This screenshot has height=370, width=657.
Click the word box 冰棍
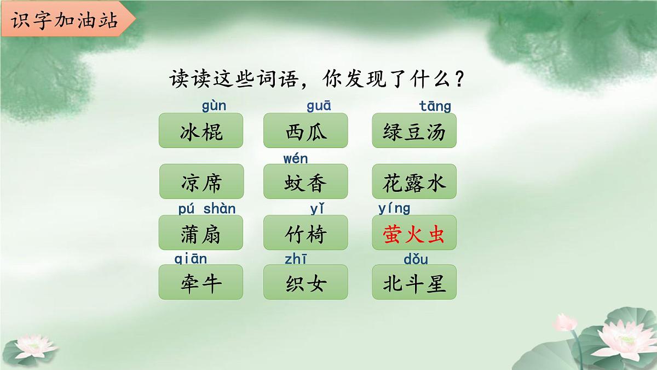[201, 130]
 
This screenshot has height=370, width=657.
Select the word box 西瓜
[306, 130]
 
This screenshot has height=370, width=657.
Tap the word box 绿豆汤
[414, 130]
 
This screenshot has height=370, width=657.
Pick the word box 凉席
[201, 181]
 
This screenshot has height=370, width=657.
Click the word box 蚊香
[306, 181]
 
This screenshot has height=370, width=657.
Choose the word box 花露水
[414, 181]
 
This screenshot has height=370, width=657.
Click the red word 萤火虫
[414, 234]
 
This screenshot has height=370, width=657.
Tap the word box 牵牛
[201, 282]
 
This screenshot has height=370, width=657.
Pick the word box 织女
[306, 282]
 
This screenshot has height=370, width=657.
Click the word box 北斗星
[414, 282]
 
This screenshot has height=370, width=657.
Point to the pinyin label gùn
[214, 106]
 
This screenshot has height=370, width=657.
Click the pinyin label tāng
[435, 106]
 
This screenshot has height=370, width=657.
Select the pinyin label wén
[296, 159]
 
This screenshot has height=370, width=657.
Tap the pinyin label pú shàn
[207, 209]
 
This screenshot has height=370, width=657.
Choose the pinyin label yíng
[394, 209]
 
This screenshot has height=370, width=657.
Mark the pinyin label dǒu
[416, 259]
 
